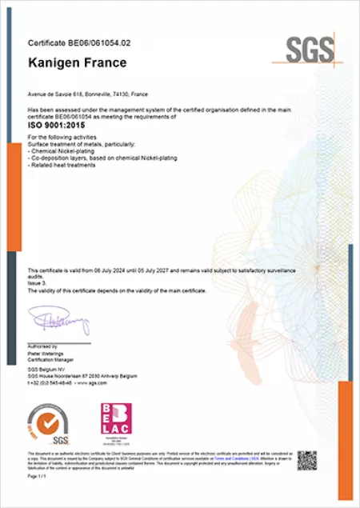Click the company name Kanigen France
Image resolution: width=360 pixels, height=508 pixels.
tap(77, 62)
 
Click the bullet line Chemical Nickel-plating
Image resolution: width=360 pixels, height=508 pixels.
tap(61, 150)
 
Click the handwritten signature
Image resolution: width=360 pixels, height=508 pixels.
tap(59, 322)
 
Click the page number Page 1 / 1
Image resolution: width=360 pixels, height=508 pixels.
tap(38, 475)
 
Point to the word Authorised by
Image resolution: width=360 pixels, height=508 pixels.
tap(45, 347)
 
